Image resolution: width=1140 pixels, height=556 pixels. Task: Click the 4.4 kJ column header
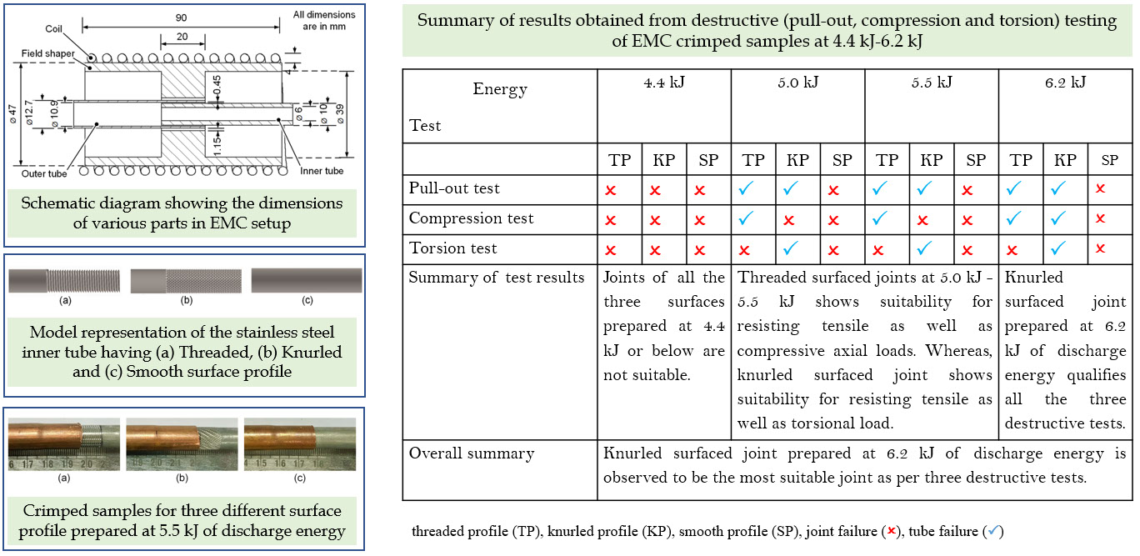tap(663, 83)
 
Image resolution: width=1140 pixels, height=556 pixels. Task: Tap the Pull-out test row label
tap(454, 189)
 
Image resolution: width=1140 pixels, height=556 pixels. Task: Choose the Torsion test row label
tap(452, 248)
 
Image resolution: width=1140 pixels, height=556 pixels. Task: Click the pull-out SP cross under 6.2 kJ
tap(1100, 189)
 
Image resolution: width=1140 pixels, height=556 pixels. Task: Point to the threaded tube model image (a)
tap(64, 281)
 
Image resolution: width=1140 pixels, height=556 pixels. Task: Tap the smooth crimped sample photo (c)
tap(299, 440)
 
